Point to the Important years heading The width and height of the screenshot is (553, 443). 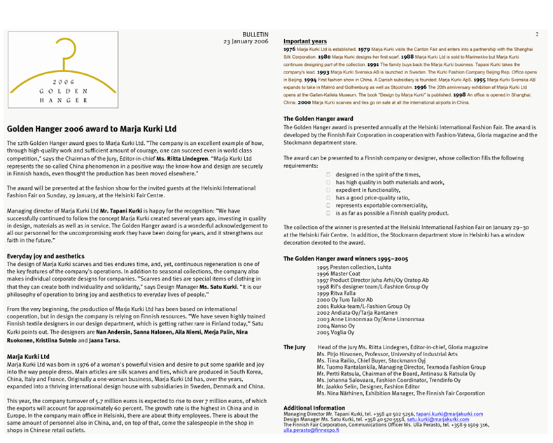tap(305, 41)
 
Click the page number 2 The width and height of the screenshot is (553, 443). tap(536, 34)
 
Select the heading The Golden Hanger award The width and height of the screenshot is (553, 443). tap(318, 119)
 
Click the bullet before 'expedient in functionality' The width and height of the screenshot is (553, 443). tap(328, 190)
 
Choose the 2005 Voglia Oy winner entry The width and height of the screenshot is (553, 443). tap(336, 331)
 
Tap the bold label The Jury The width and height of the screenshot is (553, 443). tap(295, 348)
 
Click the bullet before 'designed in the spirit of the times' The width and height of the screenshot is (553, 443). tap(328, 174)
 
